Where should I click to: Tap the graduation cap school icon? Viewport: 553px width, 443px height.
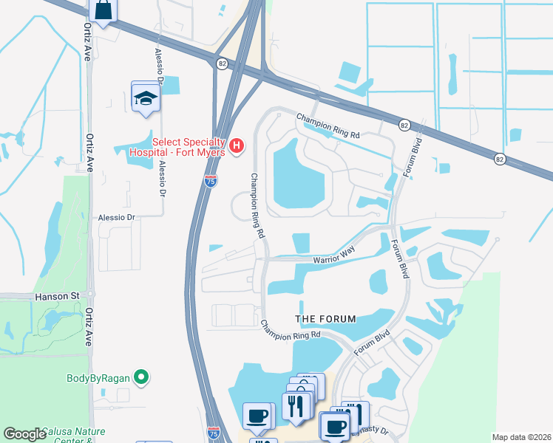[x=146, y=97]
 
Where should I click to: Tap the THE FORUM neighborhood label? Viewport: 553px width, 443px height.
[x=325, y=319]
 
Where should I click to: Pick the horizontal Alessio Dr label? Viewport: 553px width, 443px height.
[x=117, y=218]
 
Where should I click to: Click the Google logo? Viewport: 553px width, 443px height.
[x=25, y=433]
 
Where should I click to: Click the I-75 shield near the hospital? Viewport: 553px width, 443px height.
[x=211, y=180]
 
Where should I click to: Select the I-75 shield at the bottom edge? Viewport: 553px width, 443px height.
[x=214, y=432]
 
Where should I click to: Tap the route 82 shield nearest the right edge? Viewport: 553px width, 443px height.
[x=501, y=159]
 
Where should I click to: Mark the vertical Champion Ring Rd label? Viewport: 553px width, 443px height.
[x=257, y=205]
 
